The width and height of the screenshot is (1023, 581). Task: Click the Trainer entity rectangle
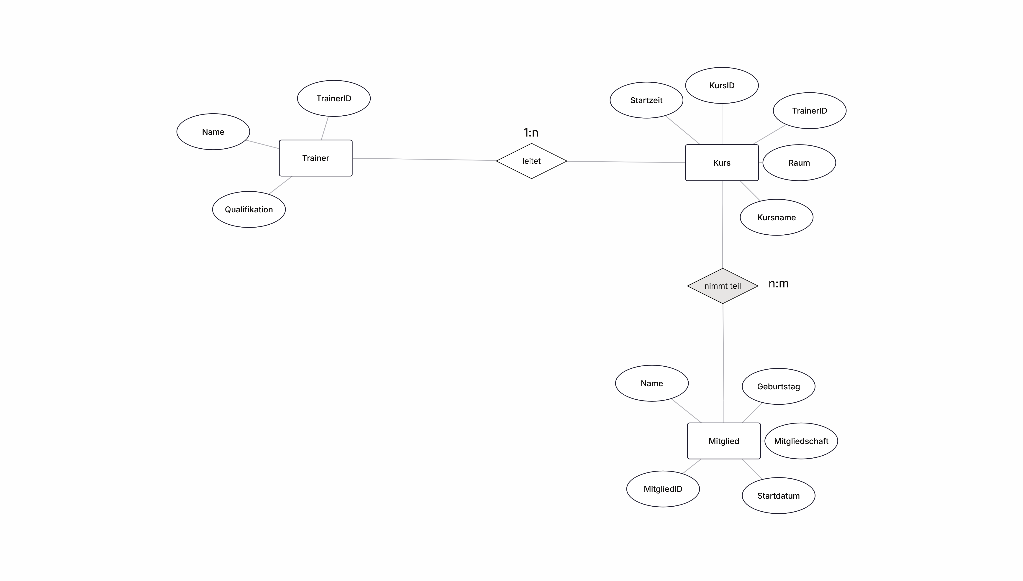click(315, 158)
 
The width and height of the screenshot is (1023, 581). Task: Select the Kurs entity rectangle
click(722, 162)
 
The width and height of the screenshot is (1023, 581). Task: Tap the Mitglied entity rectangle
click(723, 441)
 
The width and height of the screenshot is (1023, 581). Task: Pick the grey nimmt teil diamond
click(722, 286)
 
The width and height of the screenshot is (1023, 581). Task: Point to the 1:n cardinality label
click(531, 132)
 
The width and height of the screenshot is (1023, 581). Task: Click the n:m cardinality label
click(778, 284)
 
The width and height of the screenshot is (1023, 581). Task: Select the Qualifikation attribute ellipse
click(249, 210)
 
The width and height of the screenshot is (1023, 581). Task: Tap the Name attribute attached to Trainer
click(213, 132)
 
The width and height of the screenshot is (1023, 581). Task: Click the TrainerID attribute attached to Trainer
click(334, 98)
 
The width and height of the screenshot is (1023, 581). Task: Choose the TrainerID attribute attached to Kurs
click(809, 111)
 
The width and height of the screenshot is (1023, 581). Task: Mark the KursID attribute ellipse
click(722, 85)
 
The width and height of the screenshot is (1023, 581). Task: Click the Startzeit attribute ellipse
click(646, 100)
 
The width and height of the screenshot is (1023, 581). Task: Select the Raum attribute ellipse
click(799, 162)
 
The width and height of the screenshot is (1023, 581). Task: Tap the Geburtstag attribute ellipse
click(778, 386)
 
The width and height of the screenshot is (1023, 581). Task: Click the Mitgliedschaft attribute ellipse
click(801, 441)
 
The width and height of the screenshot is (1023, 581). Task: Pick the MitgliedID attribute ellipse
click(663, 489)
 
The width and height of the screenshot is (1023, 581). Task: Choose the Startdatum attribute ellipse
click(778, 496)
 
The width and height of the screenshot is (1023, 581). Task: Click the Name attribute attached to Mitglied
click(652, 383)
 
